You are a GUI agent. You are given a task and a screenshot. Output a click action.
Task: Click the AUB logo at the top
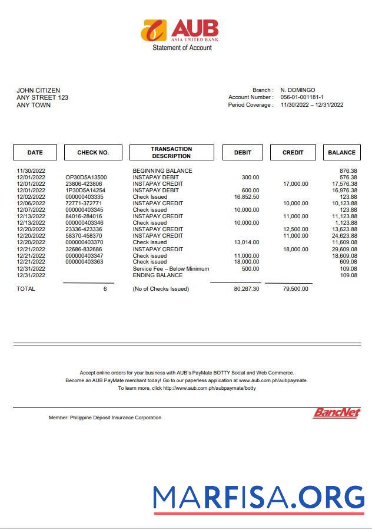(x=180, y=30)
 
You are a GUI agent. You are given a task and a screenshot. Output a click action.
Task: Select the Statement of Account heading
(x=182, y=48)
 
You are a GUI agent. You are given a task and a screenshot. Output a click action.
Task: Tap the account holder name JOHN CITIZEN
(x=38, y=90)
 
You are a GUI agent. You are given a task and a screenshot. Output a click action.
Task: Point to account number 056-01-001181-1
(x=301, y=97)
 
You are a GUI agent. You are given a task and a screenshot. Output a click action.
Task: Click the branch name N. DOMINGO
(x=297, y=90)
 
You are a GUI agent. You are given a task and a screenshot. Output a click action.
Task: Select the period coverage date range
(x=311, y=105)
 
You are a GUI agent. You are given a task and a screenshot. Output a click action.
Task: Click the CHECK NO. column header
(x=93, y=153)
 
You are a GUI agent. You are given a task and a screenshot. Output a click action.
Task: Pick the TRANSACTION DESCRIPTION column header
(x=171, y=153)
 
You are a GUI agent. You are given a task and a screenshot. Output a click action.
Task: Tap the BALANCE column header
(x=341, y=153)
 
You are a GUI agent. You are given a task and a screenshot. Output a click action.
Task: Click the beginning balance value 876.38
(x=348, y=171)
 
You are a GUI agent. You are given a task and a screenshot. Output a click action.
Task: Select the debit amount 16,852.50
(x=247, y=197)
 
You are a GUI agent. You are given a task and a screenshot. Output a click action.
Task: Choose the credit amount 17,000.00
(x=295, y=184)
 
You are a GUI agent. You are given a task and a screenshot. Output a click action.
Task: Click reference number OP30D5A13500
(x=86, y=178)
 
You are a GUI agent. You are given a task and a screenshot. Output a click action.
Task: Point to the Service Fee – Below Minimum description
(x=171, y=269)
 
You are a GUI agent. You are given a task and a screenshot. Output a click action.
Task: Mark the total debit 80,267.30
(x=246, y=289)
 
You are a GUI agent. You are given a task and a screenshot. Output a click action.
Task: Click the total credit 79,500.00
(x=295, y=289)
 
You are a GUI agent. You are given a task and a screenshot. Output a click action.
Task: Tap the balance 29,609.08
(x=344, y=249)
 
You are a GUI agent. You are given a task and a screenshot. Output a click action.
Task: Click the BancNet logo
(x=336, y=413)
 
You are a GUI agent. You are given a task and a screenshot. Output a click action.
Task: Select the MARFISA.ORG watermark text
(x=259, y=497)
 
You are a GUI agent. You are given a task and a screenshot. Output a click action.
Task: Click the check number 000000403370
(x=84, y=242)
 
